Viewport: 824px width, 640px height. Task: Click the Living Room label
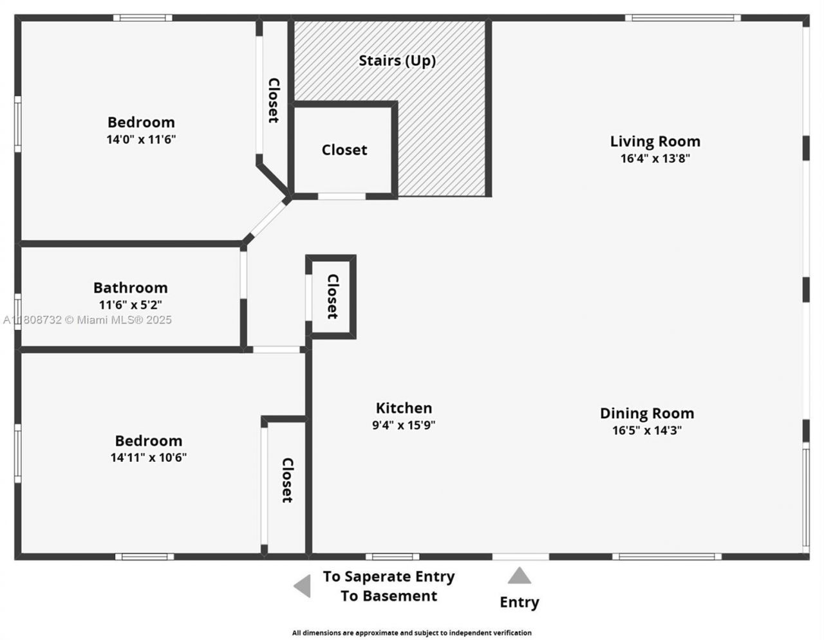tap(655, 142)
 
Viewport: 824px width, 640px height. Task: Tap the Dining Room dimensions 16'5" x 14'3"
tap(647, 430)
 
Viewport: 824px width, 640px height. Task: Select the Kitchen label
tap(404, 408)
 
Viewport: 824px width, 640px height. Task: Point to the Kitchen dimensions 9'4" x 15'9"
tap(404, 425)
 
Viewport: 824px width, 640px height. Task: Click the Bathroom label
tap(130, 288)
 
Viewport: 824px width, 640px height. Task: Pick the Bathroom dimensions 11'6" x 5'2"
tap(130, 305)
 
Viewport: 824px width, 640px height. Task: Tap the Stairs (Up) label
tap(397, 60)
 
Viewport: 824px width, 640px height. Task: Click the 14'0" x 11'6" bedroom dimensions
tap(141, 139)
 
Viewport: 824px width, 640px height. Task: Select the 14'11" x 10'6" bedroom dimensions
tap(149, 458)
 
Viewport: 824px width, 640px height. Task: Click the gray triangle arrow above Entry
tap(519, 575)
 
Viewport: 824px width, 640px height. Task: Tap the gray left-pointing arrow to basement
tap(302, 586)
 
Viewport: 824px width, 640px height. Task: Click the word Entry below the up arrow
tap(519, 603)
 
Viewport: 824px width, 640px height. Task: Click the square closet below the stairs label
tap(344, 150)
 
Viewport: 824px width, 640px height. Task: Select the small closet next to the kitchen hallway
tap(332, 297)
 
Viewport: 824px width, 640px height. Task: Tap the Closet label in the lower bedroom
tap(287, 480)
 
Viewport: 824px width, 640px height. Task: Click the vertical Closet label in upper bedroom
tap(273, 100)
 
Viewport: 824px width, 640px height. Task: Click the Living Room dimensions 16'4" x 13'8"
tap(655, 159)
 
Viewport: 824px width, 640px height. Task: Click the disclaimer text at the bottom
tap(411, 633)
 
